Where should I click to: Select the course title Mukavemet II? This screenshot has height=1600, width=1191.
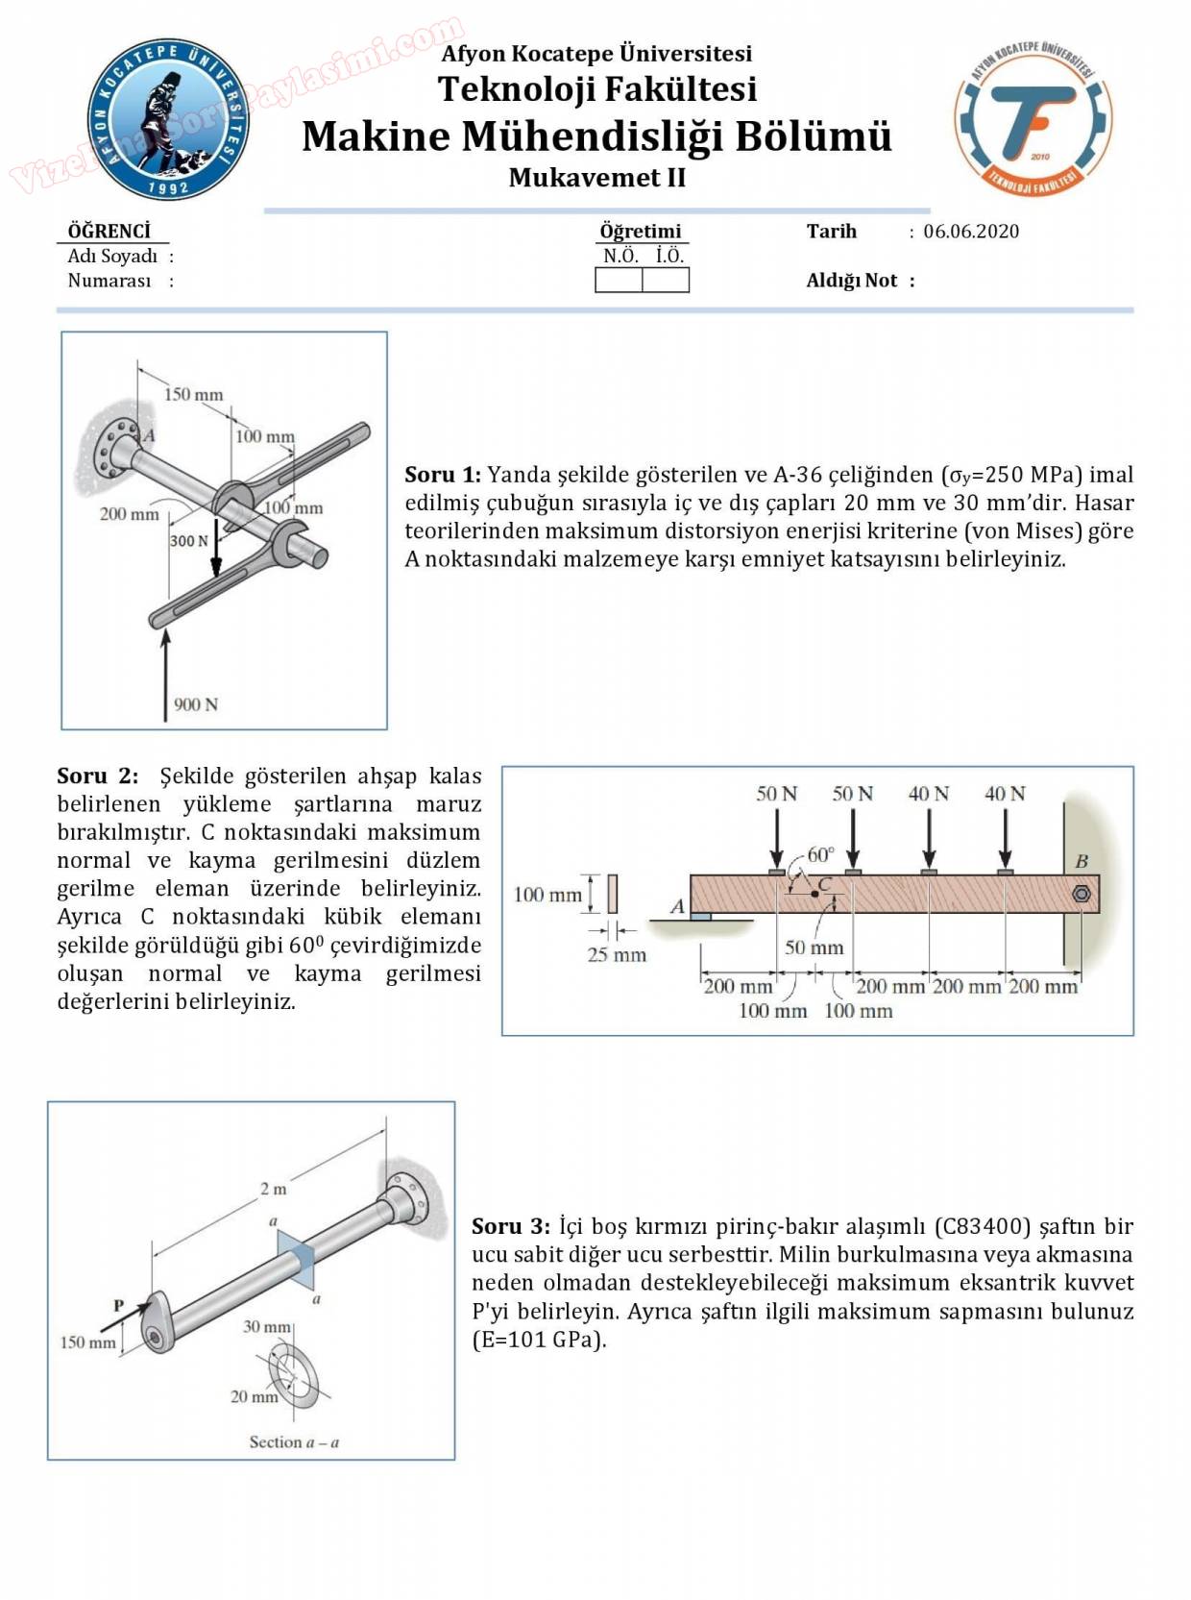tap(596, 178)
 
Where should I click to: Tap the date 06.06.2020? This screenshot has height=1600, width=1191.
tap(971, 232)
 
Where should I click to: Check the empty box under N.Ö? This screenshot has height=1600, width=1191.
tap(619, 281)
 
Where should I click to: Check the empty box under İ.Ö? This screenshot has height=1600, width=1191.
tap(666, 281)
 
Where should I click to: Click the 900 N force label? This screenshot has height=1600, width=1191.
tap(196, 704)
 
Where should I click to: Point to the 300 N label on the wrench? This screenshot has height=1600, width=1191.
tap(188, 541)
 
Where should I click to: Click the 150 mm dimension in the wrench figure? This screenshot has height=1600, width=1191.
tap(193, 394)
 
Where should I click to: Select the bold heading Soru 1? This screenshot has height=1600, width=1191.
tap(443, 475)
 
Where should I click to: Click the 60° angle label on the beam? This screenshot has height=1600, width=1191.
tap(820, 854)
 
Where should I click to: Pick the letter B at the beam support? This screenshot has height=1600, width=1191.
tap(1082, 861)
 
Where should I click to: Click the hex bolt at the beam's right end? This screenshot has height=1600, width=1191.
tap(1081, 895)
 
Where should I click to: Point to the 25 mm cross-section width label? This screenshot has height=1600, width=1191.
tap(617, 955)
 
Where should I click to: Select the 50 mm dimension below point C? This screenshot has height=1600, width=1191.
tap(814, 948)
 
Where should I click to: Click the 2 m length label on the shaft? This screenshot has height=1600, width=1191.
tap(274, 1189)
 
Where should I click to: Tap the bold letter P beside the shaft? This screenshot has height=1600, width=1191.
tap(119, 1306)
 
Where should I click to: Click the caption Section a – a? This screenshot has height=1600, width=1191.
tap(294, 1442)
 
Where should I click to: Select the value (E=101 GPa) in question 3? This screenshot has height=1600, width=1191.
tap(539, 1340)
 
